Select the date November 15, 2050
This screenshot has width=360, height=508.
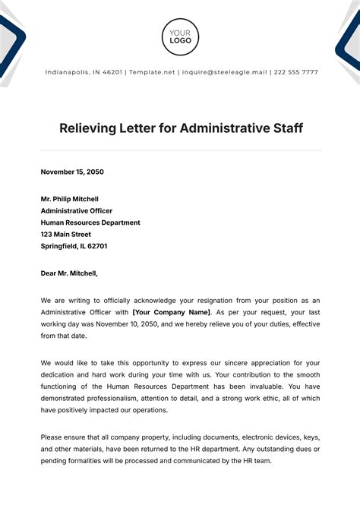pos(72,172)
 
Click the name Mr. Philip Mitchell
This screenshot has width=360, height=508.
pos(70,199)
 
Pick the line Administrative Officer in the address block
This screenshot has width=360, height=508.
pos(76,211)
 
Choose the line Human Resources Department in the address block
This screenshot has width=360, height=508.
pos(90,222)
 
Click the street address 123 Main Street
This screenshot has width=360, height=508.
pos(68,235)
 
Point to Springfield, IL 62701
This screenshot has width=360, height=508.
pos(74,246)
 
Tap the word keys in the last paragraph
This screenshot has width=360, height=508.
pos(308,438)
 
